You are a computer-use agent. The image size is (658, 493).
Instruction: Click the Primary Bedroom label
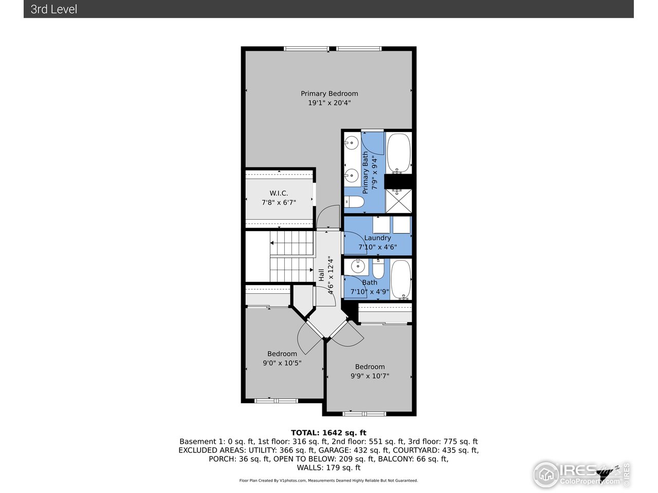[329, 93]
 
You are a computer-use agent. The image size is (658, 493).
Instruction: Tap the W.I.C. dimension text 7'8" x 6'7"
[279, 203]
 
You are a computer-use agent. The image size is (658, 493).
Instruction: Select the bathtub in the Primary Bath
[398, 153]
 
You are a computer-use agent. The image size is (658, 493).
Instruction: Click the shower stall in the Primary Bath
[398, 201]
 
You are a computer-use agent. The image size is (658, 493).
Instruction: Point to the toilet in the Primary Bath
[354, 203]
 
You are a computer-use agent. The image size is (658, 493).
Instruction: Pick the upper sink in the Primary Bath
[352, 142]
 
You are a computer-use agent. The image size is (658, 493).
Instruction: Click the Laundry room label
[377, 238]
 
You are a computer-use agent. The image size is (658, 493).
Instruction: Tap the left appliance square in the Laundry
[382, 225]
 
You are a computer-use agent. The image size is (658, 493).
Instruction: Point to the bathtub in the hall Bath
[401, 279]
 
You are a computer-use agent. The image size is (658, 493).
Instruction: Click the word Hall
[321, 275]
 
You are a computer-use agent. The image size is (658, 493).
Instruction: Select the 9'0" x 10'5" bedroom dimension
[282, 363]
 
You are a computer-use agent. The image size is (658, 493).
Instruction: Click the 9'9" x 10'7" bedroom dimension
[370, 376]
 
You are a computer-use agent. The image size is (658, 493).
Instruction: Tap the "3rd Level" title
[54, 9]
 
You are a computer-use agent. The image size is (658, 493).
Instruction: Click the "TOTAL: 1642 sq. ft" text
[328, 433]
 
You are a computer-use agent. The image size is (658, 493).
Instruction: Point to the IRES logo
[581, 472]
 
